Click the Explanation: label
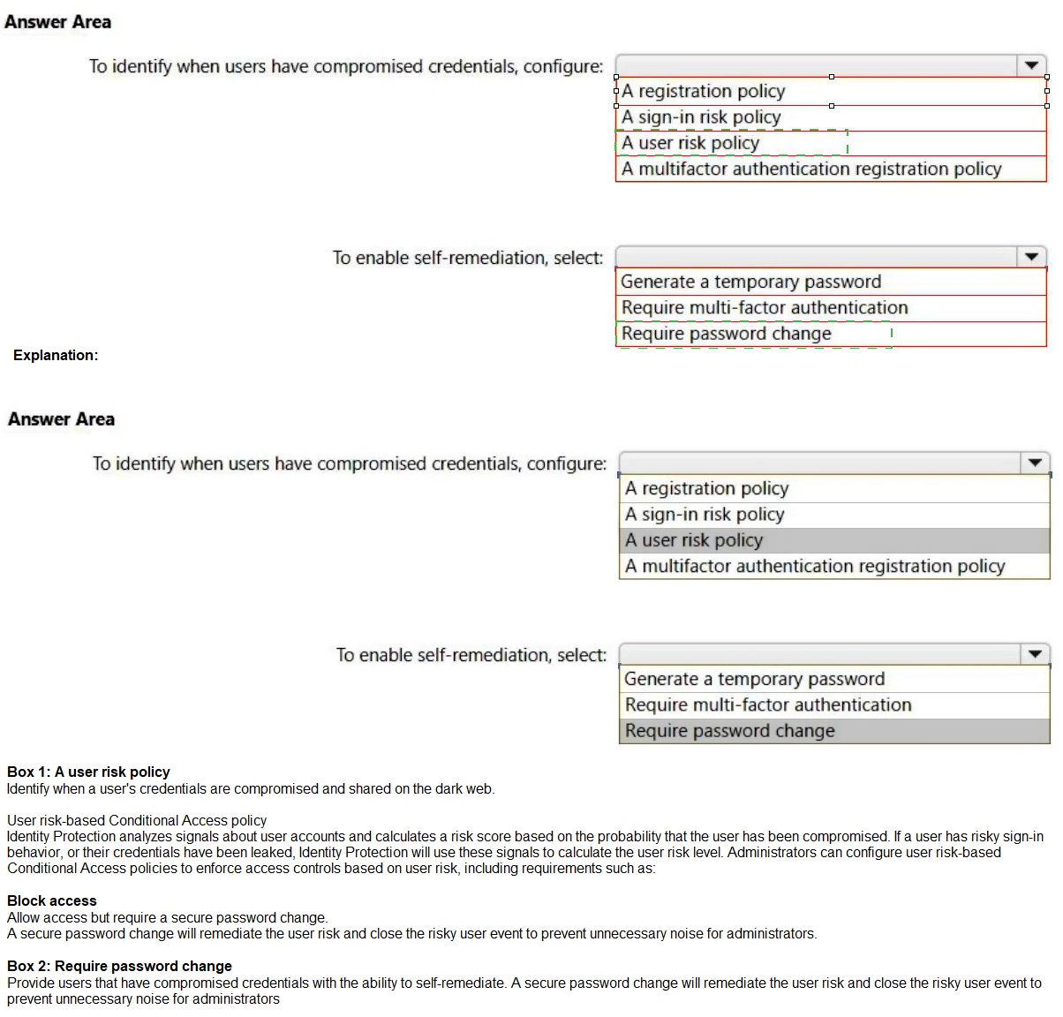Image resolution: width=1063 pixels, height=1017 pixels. [56, 355]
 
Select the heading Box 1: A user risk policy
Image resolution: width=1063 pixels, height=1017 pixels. [88, 772]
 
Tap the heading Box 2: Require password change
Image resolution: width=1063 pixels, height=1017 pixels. [119, 966]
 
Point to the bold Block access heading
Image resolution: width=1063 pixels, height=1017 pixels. [52, 900]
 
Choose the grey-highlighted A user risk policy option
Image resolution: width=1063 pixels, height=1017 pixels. [694, 540]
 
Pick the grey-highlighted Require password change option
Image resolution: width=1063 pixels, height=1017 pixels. [729, 731]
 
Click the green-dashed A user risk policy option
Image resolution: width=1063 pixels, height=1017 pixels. [690, 143]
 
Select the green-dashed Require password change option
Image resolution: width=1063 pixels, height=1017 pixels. [726, 334]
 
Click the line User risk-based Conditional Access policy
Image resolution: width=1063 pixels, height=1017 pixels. [137, 820]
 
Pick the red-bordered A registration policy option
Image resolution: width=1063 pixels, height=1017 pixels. [703, 91]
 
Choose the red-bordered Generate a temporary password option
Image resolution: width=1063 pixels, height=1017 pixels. [750, 282]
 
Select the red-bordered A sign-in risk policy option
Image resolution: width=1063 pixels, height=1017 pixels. [701, 117]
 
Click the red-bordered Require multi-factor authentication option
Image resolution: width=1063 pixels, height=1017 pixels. [765, 307]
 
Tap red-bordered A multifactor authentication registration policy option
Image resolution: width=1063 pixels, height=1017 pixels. [811, 169]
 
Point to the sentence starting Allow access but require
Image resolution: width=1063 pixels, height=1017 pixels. [167, 917]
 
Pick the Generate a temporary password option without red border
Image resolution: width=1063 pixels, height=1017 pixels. [754, 679]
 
